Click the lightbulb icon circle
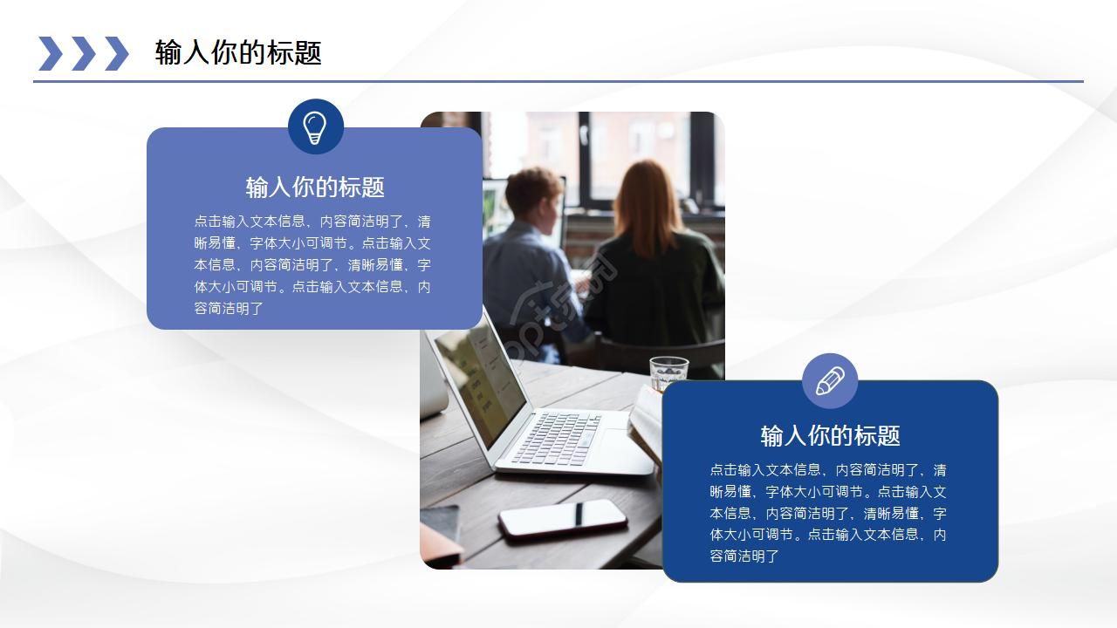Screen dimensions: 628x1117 (x=315, y=127)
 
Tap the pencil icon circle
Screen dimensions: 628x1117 (x=830, y=381)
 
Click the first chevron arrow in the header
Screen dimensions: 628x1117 (x=51, y=53)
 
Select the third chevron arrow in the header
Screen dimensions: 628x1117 (x=116, y=53)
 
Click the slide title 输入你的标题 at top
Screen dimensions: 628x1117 (x=238, y=53)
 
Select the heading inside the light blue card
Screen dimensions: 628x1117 (x=315, y=187)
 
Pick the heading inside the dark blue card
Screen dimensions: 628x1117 (x=830, y=435)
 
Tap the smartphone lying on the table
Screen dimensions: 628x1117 (x=562, y=519)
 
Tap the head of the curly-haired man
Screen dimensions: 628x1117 (x=531, y=195)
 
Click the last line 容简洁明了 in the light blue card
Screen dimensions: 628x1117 (x=229, y=308)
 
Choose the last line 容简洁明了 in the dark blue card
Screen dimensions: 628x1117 (x=744, y=556)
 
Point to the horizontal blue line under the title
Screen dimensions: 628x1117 (x=558, y=81)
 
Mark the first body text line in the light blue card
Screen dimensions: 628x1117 (x=312, y=222)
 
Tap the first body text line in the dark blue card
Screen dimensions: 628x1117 (x=827, y=470)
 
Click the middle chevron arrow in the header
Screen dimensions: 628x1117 (x=83, y=53)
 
